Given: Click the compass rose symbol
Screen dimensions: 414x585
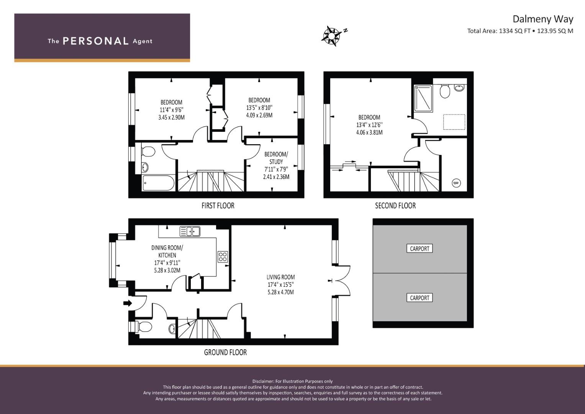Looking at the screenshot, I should (331, 36).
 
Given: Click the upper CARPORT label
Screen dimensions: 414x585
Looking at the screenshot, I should (419, 248).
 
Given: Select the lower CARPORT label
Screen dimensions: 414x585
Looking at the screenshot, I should (419, 298).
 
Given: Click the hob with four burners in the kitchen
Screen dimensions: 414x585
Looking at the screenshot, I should (223, 257).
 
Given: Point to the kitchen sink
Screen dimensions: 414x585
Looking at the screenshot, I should (190, 231).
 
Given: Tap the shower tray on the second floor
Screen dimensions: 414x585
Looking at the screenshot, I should (423, 99).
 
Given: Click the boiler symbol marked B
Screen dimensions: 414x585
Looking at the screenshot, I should (456, 183).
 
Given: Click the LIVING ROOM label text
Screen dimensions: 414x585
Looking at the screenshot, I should (281, 277).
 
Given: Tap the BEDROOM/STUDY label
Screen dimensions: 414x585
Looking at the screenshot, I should (276, 158).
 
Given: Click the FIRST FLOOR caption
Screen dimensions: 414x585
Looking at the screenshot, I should (218, 205).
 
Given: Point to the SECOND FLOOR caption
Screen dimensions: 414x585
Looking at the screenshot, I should (395, 205).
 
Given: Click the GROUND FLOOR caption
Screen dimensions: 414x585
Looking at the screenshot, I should (225, 352).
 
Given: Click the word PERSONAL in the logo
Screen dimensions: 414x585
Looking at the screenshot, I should (95, 41).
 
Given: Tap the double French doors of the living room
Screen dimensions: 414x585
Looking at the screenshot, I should (342, 281).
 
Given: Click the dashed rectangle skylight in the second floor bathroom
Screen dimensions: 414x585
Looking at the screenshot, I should (454, 122).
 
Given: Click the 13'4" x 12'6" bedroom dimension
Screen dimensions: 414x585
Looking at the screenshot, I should (369, 125).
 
